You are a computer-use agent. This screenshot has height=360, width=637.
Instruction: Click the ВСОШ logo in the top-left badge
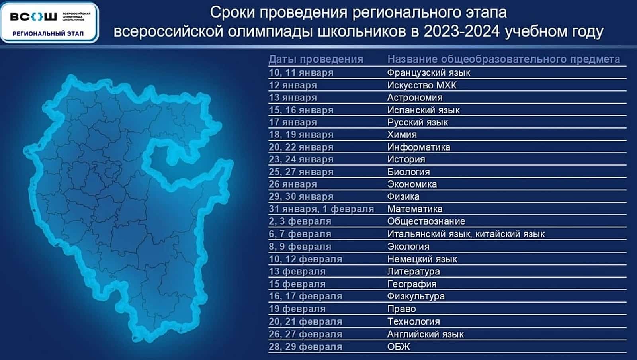(33, 17)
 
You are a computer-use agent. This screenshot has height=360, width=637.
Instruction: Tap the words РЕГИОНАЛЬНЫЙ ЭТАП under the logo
(48, 34)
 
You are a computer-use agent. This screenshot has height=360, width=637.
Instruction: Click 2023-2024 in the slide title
(461, 31)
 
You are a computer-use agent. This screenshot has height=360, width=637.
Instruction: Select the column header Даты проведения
(316, 59)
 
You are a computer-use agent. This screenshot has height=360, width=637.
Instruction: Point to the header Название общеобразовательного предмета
(504, 59)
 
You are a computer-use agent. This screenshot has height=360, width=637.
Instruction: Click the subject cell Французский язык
(428, 73)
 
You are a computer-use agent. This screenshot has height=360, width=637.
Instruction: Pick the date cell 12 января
(293, 85)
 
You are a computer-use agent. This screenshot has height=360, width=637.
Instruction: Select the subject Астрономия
(414, 98)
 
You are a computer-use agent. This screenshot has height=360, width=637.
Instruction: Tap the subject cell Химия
(402, 135)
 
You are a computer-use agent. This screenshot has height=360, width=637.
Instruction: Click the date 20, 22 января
(301, 147)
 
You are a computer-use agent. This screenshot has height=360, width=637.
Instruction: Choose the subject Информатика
(418, 147)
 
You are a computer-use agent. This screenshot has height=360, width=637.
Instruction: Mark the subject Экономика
(412, 184)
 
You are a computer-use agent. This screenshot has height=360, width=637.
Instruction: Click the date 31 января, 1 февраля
(321, 209)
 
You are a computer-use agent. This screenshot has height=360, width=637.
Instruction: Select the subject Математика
(414, 209)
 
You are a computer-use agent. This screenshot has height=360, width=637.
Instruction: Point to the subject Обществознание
(426, 221)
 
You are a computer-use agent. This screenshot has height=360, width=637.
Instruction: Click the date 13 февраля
(297, 272)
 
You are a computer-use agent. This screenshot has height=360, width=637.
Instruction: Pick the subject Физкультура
(416, 296)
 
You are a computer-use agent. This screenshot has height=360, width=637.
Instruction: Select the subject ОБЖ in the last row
(399, 346)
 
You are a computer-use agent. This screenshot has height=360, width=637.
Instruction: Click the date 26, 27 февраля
(305, 335)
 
